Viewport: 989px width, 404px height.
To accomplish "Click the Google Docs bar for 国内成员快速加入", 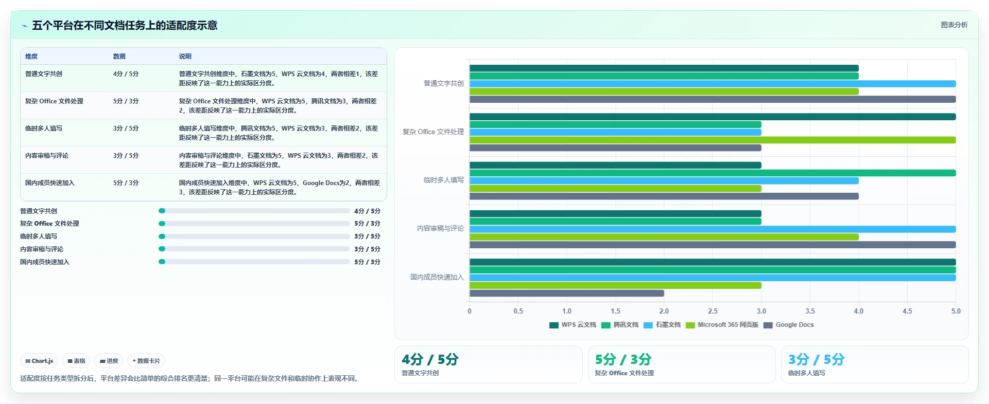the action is point(566,293).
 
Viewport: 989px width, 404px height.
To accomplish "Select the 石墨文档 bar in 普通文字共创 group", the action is point(713,84).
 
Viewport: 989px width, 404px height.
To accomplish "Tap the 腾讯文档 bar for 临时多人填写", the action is point(713,173).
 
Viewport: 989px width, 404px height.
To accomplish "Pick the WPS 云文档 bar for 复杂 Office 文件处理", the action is point(713,117).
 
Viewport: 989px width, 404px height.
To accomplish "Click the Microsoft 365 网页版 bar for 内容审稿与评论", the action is point(664,237).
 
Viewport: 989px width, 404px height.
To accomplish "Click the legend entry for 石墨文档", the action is point(662,325).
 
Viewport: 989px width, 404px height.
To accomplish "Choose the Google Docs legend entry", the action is point(789,325).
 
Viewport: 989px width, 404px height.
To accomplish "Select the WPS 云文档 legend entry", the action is point(573,325).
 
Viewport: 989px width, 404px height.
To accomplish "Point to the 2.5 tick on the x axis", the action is point(713,311).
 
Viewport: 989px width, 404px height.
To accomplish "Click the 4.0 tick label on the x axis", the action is point(859,311).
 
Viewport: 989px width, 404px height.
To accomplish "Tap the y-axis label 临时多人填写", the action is point(444,180).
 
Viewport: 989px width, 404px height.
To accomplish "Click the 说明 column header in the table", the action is point(185,57).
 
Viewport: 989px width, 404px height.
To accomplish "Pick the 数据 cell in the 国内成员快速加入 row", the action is point(126,183).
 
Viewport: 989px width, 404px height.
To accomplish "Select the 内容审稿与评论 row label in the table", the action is point(47,156).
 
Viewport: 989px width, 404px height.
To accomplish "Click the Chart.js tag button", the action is point(39,361).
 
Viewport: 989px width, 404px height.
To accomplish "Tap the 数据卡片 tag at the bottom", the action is point(146,361).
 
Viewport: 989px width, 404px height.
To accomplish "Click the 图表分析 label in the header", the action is point(955,25).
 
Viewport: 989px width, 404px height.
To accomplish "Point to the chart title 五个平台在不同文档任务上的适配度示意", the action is point(125,25).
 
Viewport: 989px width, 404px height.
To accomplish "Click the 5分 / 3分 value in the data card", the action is point(623,359).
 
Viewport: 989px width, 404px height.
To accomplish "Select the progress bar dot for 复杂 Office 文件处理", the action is point(162,224).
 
